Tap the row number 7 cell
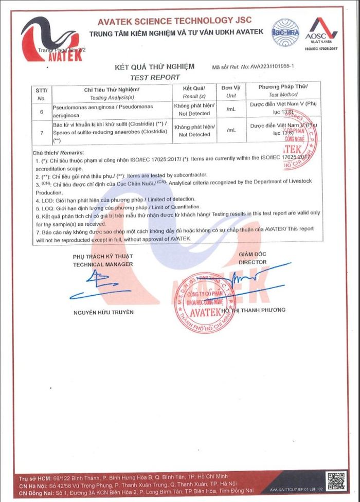coord(42,132)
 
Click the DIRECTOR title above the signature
coord(253,262)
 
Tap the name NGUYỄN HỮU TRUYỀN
coord(103,312)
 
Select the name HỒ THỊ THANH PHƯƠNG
coord(253,310)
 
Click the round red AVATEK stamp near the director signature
coord(204,302)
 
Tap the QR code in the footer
coord(337,481)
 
